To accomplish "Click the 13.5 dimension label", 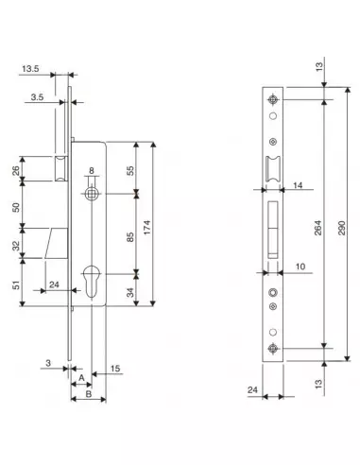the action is [x=30, y=69].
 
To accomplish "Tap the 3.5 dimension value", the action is [x=37, y=97].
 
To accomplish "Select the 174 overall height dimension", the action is [x=147, y=227].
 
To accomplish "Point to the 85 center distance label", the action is [x=130, y=237].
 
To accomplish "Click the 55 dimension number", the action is [x=130, y=170].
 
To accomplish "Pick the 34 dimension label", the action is [x=130, y=292].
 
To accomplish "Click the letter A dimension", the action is [x=81, y=377].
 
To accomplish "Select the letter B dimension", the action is [x=89, y=394].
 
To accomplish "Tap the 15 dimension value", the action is [x=115, y=369].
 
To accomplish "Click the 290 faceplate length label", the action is [x=342, y=228].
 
